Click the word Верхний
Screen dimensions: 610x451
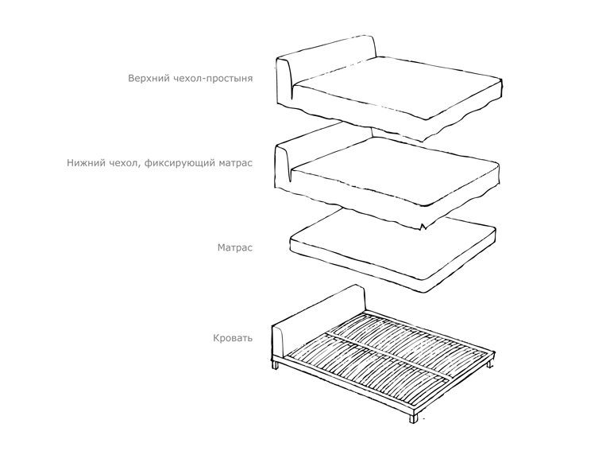click(x=149, y=78)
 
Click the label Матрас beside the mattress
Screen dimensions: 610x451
click(x=235, y=247)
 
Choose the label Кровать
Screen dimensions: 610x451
click(x=233, y=338)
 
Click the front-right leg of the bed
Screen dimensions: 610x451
click(x=413, y=418)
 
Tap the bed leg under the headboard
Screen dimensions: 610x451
click(x=275, y=365)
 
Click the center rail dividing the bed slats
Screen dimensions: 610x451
click(x=389, y=356)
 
